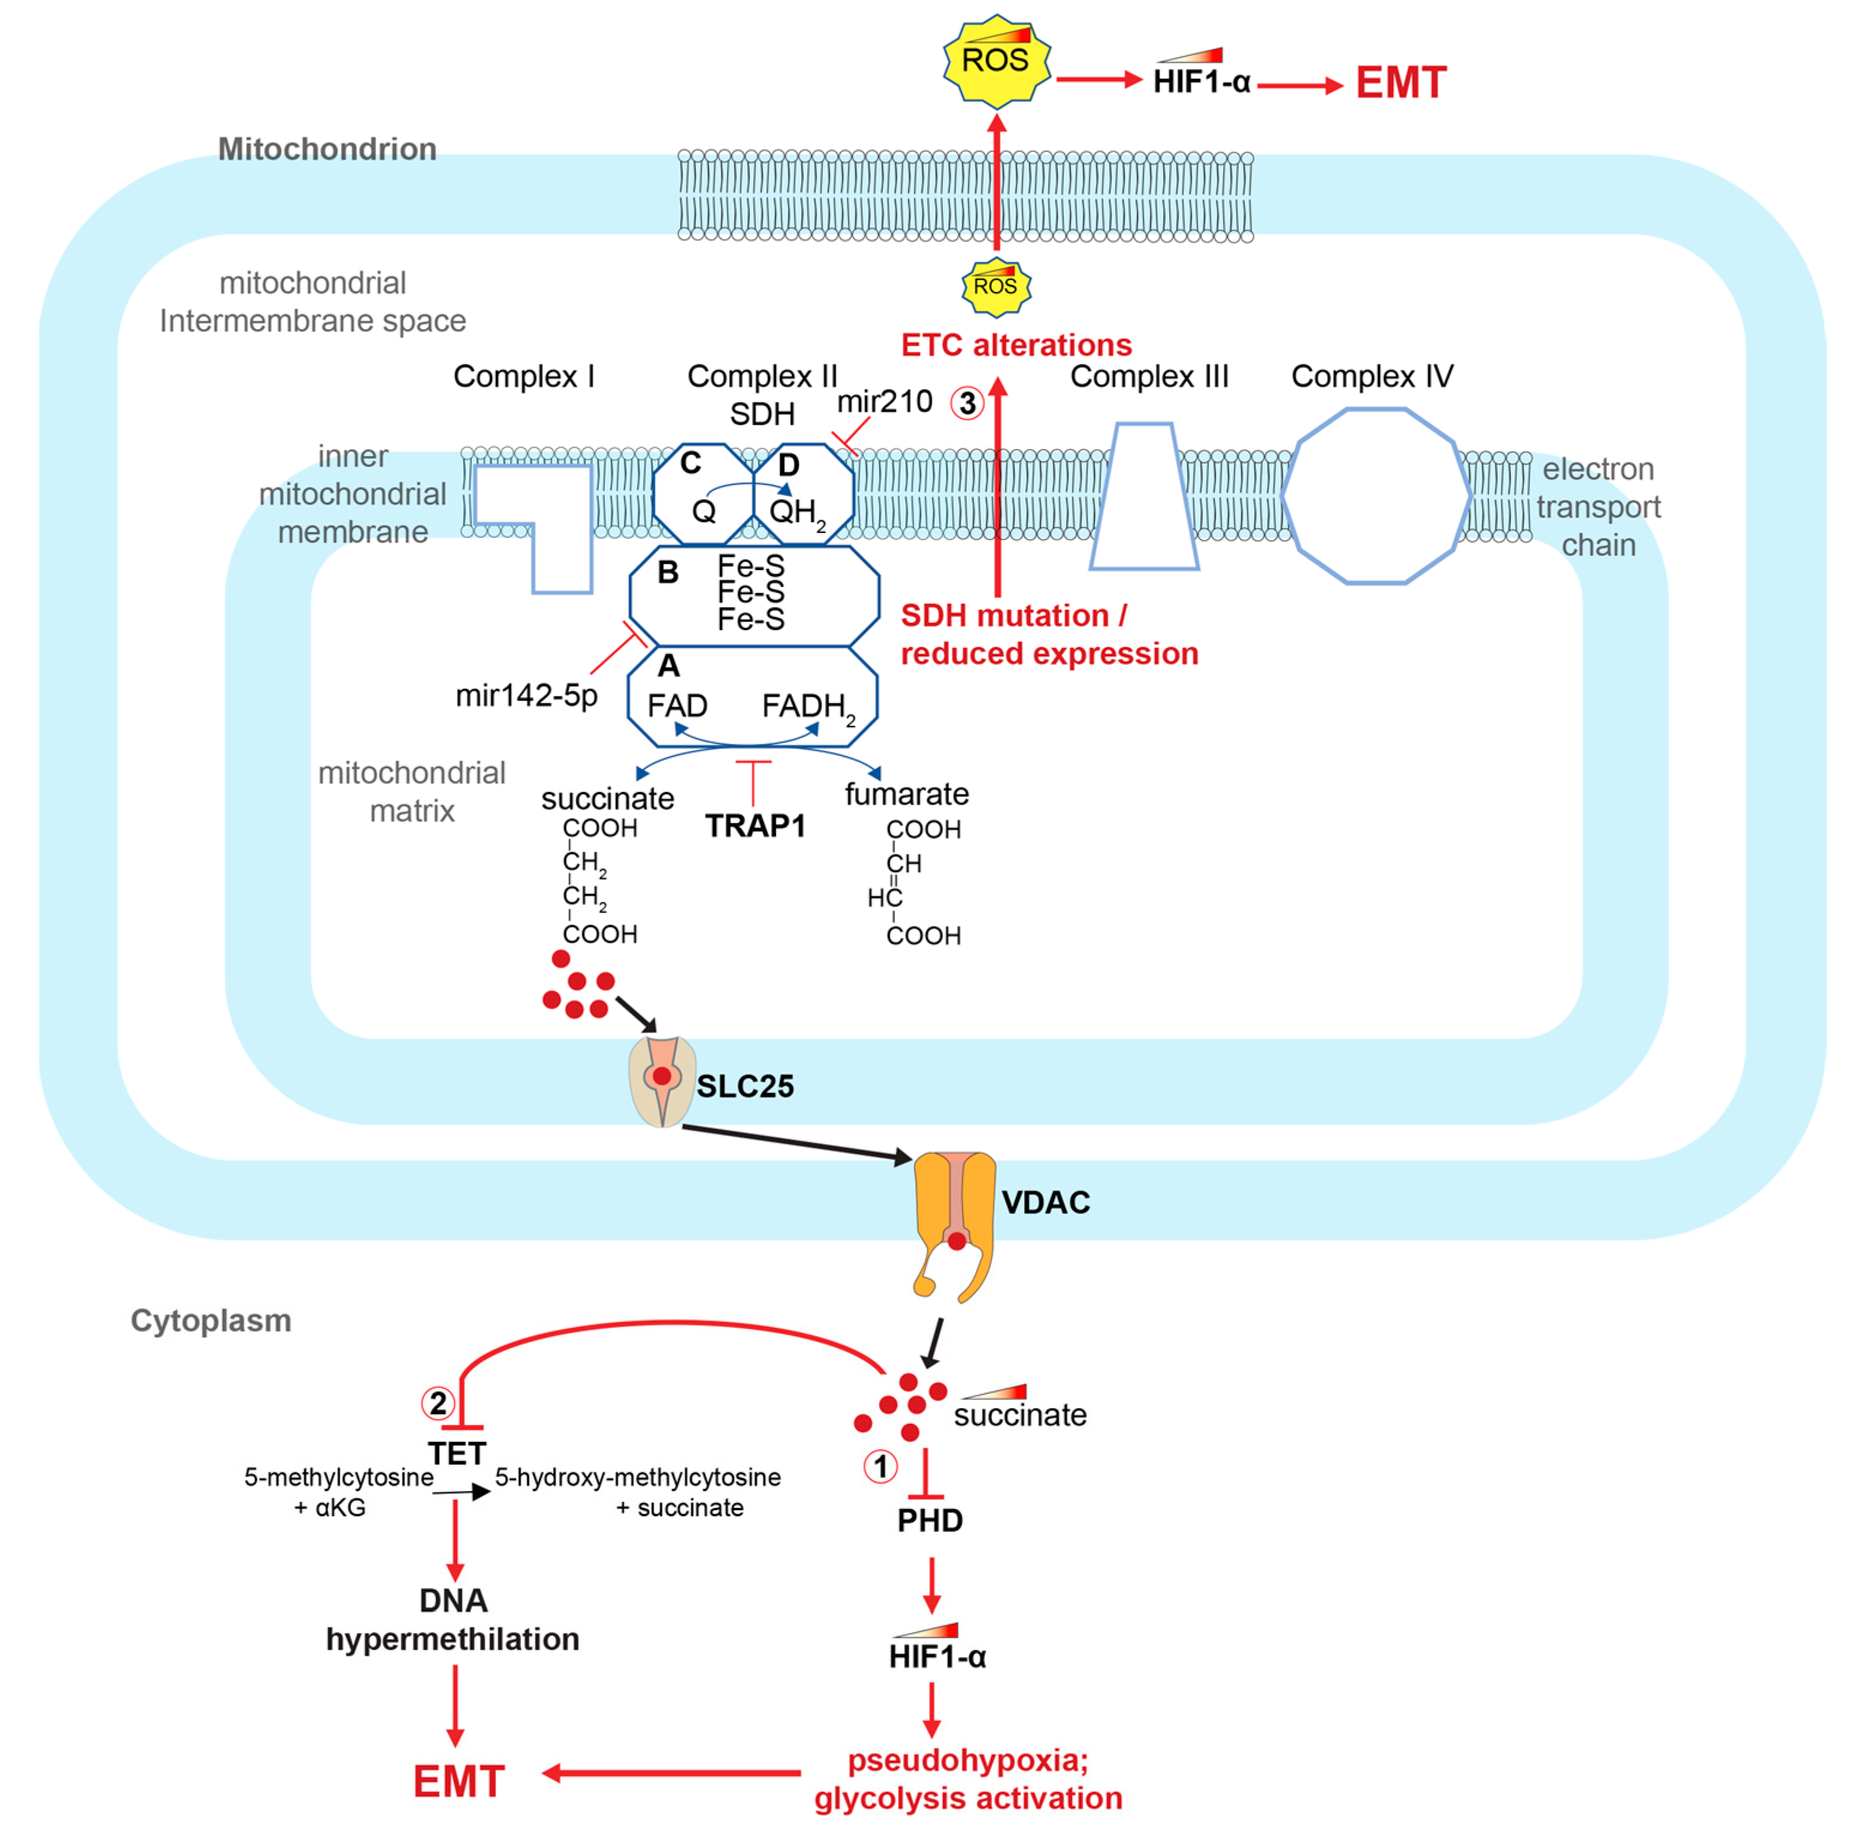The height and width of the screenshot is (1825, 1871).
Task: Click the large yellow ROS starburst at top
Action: (x=996, y=61)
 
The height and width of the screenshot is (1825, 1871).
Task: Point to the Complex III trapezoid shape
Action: (x=1144, y=498)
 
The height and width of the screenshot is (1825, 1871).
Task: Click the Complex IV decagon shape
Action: (x=1376, y=496)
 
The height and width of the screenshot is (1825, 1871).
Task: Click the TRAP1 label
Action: (x=755, y=826)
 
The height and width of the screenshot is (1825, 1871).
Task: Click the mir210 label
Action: (x=884, y=402)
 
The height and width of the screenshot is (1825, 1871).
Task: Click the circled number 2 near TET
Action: (x=438, y=1404)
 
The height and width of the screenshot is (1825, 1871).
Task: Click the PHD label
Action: (x=929, y=1520)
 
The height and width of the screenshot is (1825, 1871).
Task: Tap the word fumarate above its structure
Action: (x=906, y=794)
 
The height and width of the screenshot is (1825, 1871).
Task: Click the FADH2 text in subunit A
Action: (x=806, y=706)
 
